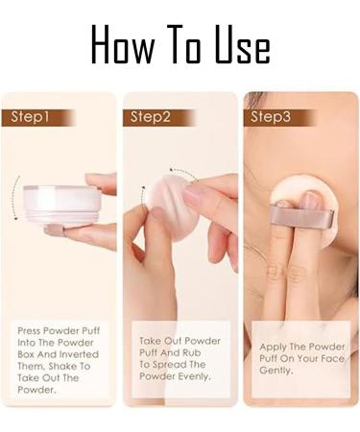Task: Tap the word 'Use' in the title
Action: [x=237, y=44]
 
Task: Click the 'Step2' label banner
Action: [x=157, y=118]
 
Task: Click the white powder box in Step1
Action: [x=60, y=202]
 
